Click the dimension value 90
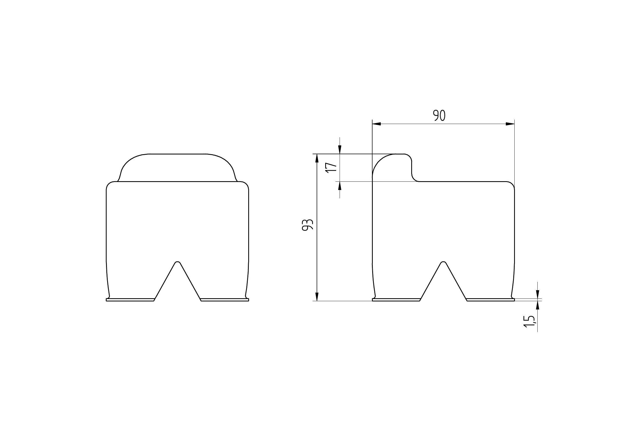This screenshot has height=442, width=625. point(439,116)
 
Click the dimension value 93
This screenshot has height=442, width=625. point(308,224)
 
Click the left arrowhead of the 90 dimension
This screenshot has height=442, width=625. point(376,124)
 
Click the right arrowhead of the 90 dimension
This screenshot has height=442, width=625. point(510,124)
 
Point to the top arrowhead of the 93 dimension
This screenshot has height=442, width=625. point(317,158)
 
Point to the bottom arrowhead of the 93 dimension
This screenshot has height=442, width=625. point(317,297)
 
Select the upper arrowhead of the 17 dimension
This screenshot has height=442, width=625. point(339,149)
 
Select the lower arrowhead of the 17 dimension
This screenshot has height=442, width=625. point(339,186)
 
